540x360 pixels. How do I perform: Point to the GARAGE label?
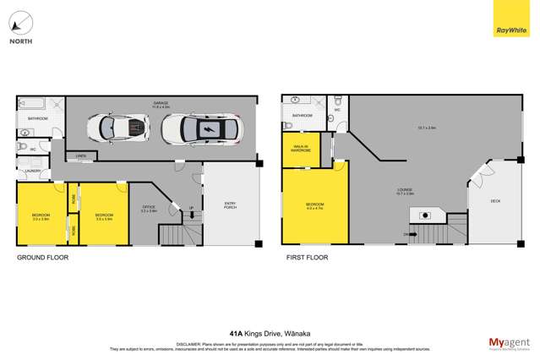(161, 103)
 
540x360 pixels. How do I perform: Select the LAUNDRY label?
(33, 171)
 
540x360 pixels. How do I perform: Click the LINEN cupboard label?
(81, 156)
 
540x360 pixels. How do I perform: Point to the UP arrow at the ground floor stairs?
(191, 208)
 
